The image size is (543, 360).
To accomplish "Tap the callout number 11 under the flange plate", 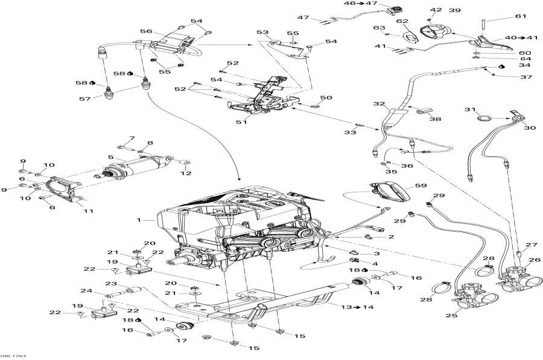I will click(x=89, y=210).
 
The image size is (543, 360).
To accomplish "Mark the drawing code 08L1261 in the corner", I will click(x=13, y=356).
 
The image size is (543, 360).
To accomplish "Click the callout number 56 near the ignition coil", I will click(x=146, y=31).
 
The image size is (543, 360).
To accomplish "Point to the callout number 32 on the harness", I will click(x=378, y=104).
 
